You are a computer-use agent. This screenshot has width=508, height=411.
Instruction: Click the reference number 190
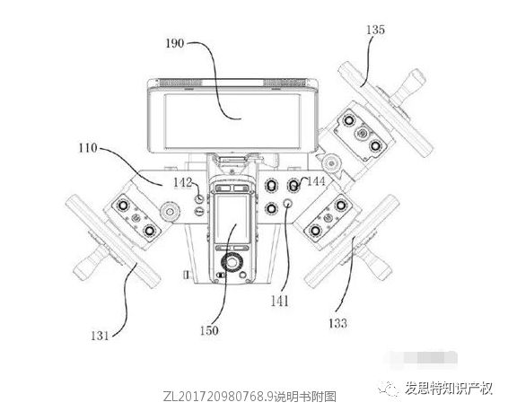click(x=175, y=43)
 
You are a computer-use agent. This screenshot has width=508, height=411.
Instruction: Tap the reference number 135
click(x=375, y=30)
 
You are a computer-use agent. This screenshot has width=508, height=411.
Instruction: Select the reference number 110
click(x=88, y=148)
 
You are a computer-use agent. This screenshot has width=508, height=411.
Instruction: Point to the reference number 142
click(x=183, y=183)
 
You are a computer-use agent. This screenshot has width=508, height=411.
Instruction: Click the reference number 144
click(x=316, y=181)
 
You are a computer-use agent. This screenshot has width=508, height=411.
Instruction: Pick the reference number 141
click(x=280, y=302)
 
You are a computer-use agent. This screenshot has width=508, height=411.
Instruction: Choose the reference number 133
click(x=337, y=323)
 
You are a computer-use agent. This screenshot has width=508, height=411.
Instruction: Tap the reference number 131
click(x=100, y=336)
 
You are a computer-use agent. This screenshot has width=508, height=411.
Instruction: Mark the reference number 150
click(x=209, y=330)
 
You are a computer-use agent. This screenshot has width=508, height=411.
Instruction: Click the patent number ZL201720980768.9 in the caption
click(x=218, y=396)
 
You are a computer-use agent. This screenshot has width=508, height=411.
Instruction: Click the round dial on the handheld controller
click(x=232, y=262)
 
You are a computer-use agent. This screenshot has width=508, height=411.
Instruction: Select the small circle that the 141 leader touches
click(x=288, y=203)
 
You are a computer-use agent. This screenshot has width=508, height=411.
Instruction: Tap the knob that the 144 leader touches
click(x=293, y=185)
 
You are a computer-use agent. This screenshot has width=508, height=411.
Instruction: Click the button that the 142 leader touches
click(x=199, y=198)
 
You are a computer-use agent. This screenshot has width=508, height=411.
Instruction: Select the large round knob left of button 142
click(x=169, y=212)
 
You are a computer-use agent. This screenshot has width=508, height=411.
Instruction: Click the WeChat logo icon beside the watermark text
click(x=388, y=387)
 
